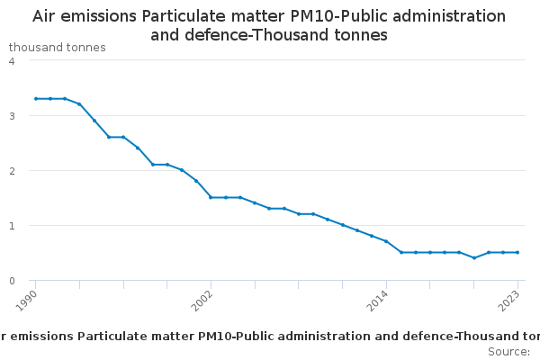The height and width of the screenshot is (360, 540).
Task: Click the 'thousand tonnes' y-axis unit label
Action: click(x=58, y=47)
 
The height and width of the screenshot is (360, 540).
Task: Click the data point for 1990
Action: click(x=36, y=98)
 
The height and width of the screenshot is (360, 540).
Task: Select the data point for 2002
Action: click(x=211, y=197)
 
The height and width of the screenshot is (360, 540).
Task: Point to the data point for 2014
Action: click(x=386, y=241)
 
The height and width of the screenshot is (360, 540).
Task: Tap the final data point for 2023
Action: click(x=517, y=252)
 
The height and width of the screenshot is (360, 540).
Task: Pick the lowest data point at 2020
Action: click(x=473, y=257)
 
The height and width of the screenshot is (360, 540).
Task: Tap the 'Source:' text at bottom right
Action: click(x=508, y=351)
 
